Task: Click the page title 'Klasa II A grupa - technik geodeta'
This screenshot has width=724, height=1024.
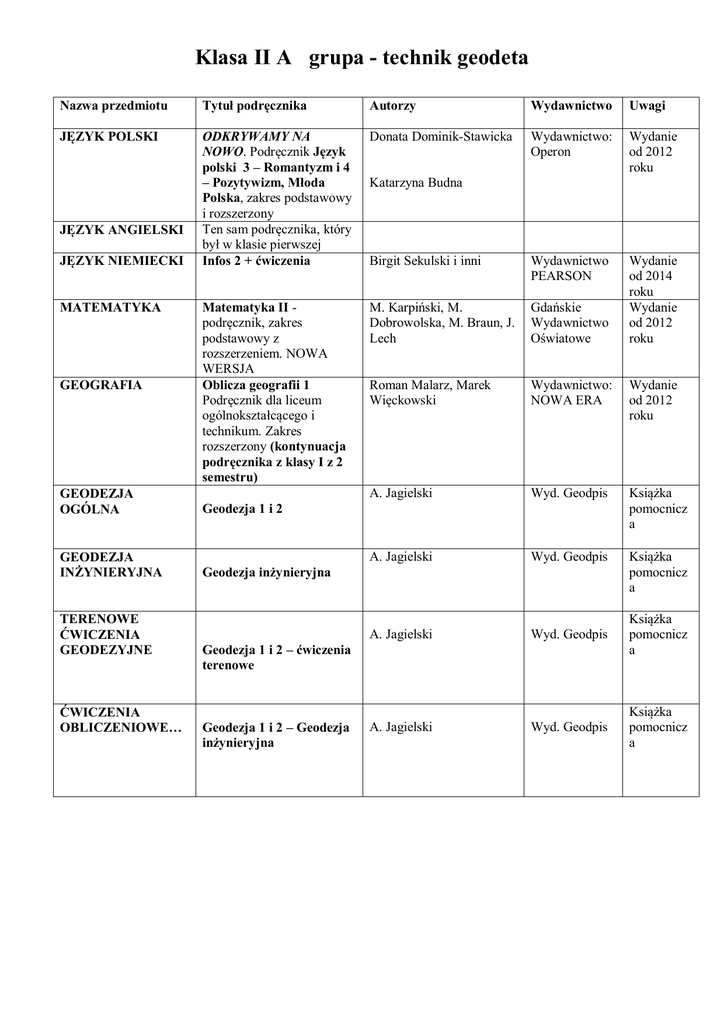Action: [x=362, y=58]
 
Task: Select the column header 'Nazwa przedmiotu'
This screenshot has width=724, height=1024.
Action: [x=114, y=105]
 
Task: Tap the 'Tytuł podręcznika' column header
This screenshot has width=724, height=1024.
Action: [x=254, y=105]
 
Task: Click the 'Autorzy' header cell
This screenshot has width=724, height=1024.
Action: [x=392, y=105]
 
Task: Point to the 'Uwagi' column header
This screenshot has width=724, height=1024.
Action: [x=647, y=105]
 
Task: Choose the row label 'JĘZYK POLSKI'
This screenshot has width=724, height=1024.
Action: [x=109, y=135]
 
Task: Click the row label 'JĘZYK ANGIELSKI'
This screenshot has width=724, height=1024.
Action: [x=122, y=229]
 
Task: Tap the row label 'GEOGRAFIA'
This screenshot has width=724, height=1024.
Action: [x=101, y=385]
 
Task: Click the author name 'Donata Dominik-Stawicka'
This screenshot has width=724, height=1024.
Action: [x=440, y=135]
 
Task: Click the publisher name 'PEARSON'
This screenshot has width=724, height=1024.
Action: [x=561, y=276]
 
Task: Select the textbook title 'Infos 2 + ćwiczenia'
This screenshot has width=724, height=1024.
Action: [x=256, y=260]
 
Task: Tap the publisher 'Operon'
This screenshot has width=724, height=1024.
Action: [x=551, y=152]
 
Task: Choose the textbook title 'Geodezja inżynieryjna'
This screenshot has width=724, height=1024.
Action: [x=266, y=572]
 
